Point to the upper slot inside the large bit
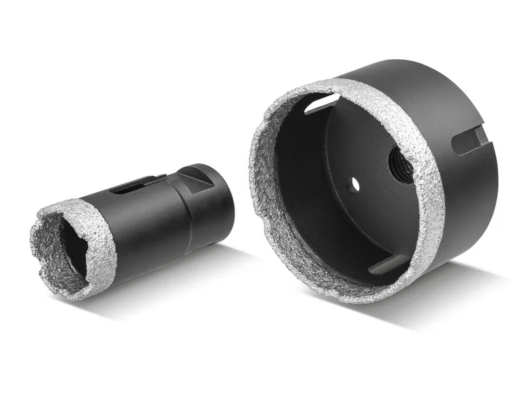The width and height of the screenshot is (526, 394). [x=322, y=103]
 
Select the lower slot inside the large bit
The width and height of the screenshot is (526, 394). [x=388, y=265]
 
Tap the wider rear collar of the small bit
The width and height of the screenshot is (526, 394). [x=211, y=204]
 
